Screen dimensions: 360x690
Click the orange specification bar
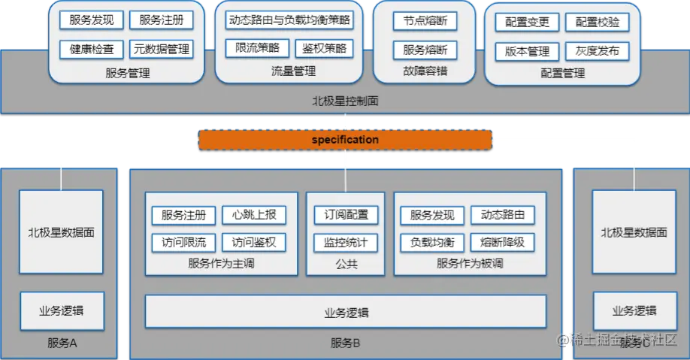(x=345, y=140)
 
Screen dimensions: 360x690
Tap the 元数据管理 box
(x=161, y=50)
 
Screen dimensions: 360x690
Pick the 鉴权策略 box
(x=324, y=48)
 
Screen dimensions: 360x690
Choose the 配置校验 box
(x=598, y=23)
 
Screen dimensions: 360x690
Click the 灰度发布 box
(x=598, y=52)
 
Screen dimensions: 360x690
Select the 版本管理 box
(x=527, y=52)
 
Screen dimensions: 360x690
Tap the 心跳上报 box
(x=254, y=215)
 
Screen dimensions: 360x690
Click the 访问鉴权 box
(x=254, y=243)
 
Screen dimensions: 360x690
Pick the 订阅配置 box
(x=346, y=215)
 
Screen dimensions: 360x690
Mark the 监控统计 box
(x=346, y=243)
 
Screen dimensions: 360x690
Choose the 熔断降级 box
(x=503, y=243)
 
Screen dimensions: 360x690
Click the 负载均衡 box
(x=432, y=243)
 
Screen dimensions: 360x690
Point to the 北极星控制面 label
(x=345, y=100)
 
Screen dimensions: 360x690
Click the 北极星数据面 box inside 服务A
(x=62, y=232)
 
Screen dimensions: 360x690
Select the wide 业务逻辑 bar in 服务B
(x=346, y=312)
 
